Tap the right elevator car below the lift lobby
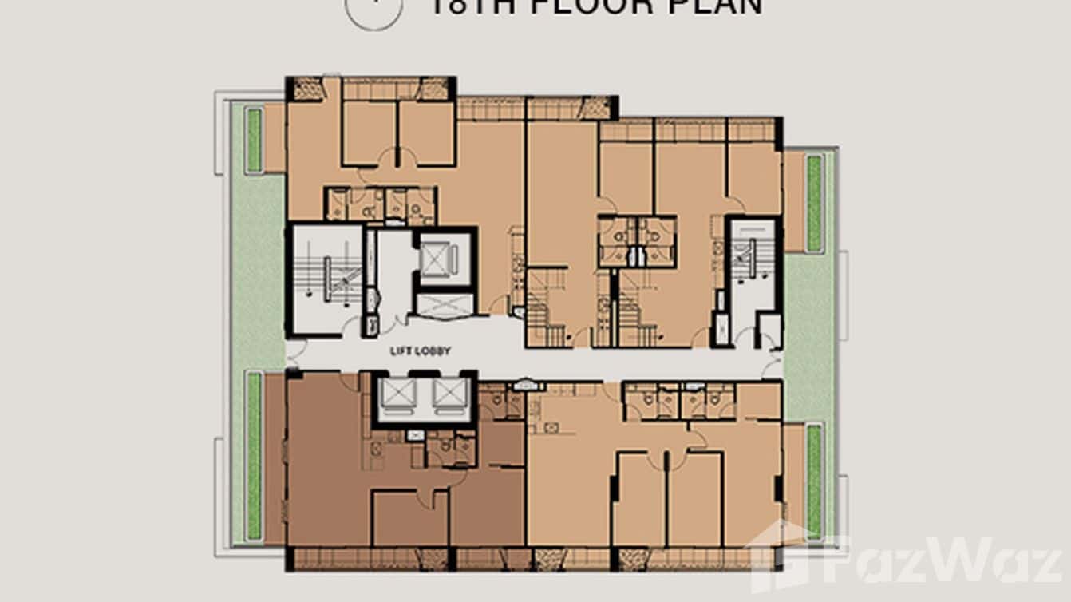449,394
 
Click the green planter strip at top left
254,141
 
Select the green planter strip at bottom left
254,455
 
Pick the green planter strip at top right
814,204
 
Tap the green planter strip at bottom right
814,479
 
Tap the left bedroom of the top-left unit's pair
369,133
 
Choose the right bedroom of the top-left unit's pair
426,133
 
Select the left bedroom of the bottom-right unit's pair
639,499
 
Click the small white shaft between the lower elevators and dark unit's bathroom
415,436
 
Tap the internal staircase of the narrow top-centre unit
547,307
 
